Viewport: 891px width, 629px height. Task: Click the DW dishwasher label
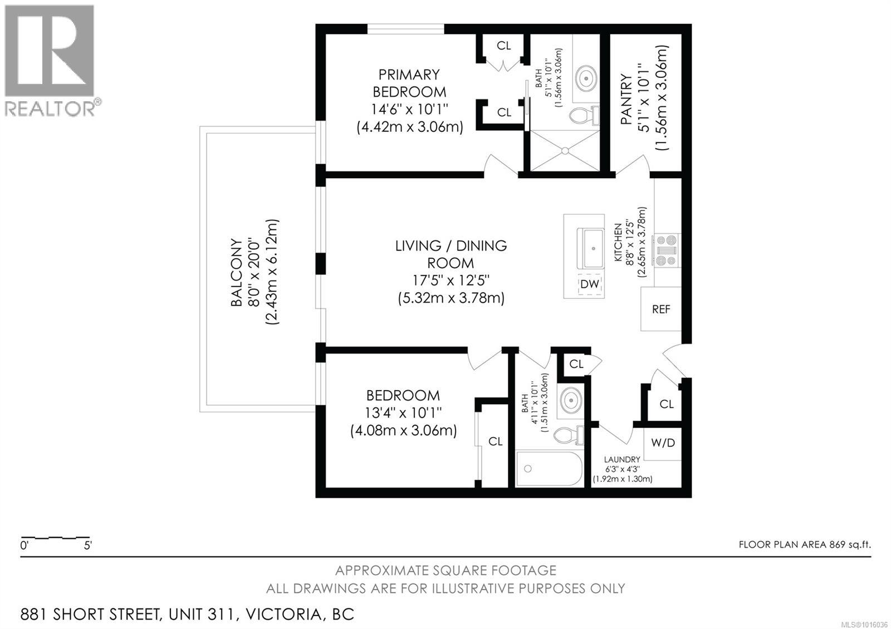coord(590,284)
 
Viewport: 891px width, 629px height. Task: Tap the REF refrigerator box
coord(661,309)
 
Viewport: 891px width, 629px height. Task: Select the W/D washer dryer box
coord(663,443)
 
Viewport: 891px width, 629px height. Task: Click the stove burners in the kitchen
coord(666,250)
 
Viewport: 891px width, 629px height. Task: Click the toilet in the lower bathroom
coord(569,435)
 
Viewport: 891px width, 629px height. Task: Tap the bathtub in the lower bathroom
coord(549,469)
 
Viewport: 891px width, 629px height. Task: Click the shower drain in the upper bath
coord(565,150)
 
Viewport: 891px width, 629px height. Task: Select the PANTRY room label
coord(626,100)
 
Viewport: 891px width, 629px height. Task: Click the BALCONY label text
coord(237,273)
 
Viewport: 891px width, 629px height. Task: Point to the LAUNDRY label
coord(622,459)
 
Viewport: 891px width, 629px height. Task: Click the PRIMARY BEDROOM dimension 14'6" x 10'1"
coord(409,109)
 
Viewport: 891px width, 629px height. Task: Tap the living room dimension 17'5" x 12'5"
coord(451,280)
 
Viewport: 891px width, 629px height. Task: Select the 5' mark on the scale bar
coord(87,546)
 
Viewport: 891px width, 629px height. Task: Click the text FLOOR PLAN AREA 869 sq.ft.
coord(804,544)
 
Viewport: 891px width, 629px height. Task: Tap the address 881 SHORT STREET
coord(91,615)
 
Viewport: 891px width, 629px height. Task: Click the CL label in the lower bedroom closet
coord(496,441)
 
